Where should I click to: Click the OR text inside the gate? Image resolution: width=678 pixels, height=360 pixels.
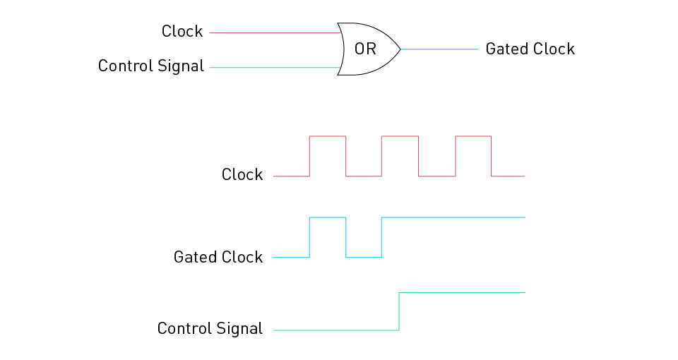tap(365, 49)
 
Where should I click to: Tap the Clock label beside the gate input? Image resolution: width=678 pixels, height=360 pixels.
tap(182, 32)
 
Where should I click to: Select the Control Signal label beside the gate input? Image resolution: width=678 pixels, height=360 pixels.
tap(151, 66)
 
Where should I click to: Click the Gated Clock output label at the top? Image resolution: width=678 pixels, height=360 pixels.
tap(530, 49)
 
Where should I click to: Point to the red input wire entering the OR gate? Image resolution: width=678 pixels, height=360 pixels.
tap(275, 32)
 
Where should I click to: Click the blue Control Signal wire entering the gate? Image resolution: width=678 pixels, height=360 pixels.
tap(275, 68)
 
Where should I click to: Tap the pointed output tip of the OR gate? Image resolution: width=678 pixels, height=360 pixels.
tap(400, 49)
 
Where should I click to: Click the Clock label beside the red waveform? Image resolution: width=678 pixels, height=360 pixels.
tap(242, 174)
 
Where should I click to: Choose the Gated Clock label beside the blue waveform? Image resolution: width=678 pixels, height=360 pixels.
tap(218, 257)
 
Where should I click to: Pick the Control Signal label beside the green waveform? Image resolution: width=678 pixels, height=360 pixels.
tap(210, 329)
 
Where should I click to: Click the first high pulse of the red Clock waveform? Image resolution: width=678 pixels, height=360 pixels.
tap(328, 137)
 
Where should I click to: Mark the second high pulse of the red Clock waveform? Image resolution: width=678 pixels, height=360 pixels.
tap(400, 137)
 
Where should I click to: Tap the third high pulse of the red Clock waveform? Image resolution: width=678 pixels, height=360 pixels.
tap(473, 137)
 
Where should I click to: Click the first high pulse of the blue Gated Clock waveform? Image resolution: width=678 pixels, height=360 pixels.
tap(328, 218)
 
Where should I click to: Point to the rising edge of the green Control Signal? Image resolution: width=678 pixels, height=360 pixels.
tap(400, 311)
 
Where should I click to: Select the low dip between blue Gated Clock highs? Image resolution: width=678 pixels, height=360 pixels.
tap(364, 257)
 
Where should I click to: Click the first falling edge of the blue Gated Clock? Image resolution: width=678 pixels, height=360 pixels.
tap(346, 237)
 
